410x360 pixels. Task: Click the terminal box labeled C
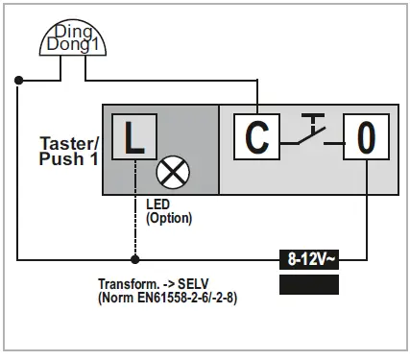pos(256,138)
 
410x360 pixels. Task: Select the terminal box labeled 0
pos(365,138)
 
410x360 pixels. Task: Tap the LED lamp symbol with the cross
pos(175,173)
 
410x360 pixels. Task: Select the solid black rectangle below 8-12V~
pos(308,283)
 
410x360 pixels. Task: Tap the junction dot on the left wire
pos(17,82)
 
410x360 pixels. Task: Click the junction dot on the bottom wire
pos(135,259)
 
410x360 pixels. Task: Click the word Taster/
pos(67,141)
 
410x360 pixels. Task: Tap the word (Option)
pos(169,218)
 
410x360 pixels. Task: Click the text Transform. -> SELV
pos(154,285)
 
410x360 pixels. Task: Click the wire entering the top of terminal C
pos(256,101)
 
